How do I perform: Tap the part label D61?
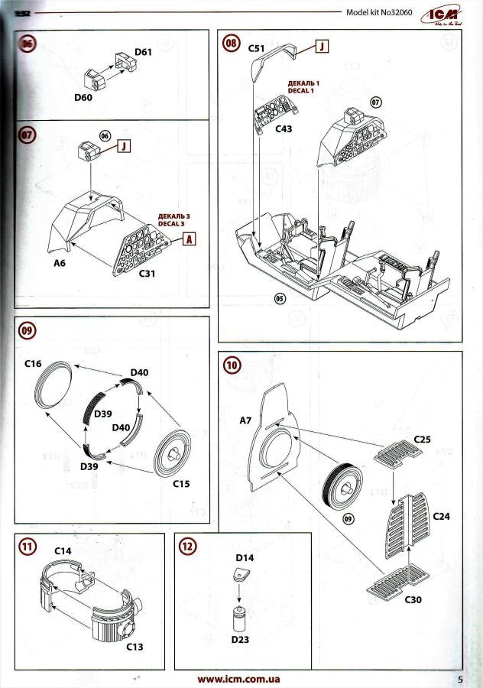pos(144,52)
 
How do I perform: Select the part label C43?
pos(283,129)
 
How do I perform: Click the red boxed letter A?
pos(188,239)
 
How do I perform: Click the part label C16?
pos(33,365)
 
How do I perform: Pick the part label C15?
pos(180,484)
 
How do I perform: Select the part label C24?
pos(441,517)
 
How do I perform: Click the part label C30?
pos(413,599)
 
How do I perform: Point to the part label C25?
pos(423,439)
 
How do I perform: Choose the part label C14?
pos(63,550)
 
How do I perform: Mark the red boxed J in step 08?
pos(322,47)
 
